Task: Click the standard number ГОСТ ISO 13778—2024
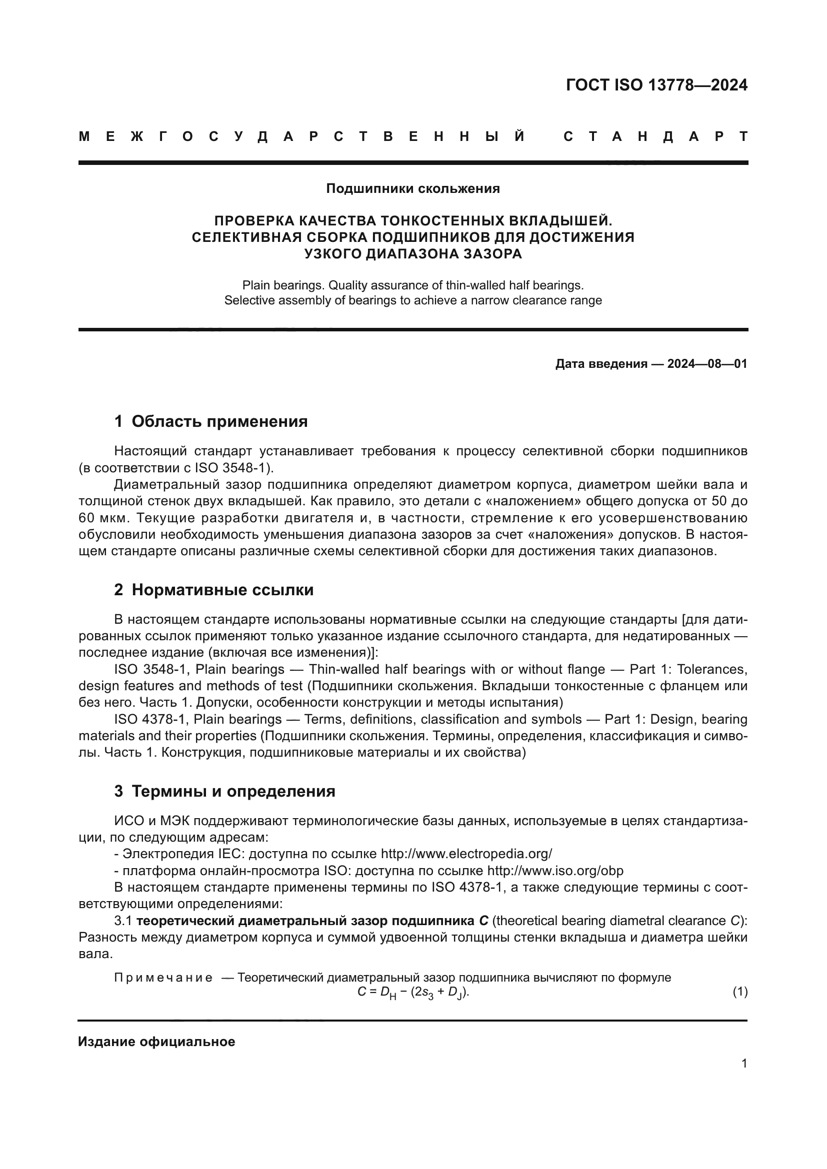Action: coord(656,85)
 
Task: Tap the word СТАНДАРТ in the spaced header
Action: coord(656,136)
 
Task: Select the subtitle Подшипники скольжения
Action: coord(413,189)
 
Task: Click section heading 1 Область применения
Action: coord(211,422)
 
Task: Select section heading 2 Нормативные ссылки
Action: coord(214,590)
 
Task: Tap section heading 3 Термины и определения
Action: coord(224,791)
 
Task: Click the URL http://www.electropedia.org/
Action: coord(466,854)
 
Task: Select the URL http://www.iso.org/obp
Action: coord(555,871)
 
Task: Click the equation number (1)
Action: coord(740,992)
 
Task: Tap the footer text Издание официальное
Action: coord(157,1042)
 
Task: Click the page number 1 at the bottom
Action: coord(744,1064)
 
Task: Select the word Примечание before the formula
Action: coord(163,978)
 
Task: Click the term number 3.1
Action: coord(123,921)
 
